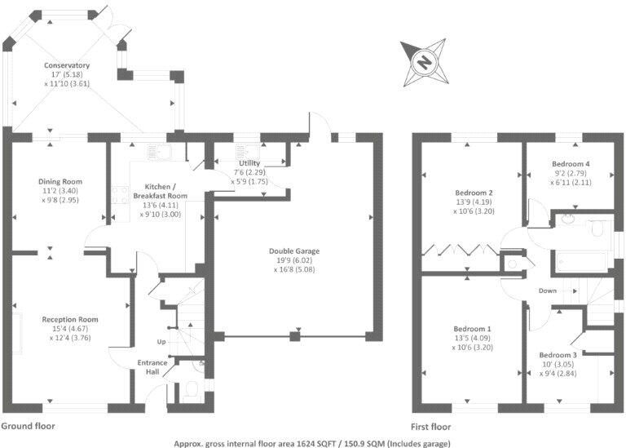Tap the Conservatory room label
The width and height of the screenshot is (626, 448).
coord(67,65)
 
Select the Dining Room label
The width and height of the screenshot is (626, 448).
coord(61,181)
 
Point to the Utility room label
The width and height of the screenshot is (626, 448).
coord(249,163)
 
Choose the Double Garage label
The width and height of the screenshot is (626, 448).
coord(296,251)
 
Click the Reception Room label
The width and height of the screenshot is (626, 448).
coord(71,319)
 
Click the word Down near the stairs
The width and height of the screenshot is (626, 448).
coord(548,291)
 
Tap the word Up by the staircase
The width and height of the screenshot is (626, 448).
coord(161,341)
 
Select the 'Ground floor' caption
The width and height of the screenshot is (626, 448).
coord(29,427)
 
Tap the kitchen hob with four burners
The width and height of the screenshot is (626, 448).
coord(121,195)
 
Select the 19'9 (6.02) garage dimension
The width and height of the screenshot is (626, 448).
coord(296,260)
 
